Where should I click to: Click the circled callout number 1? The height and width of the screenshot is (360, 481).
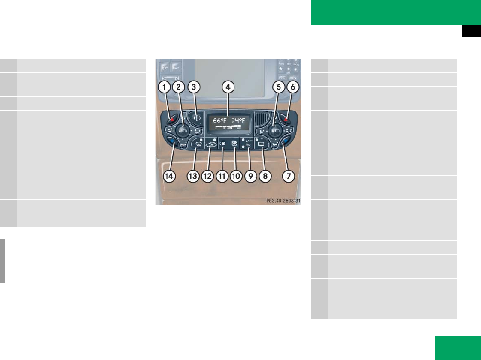point(163,87)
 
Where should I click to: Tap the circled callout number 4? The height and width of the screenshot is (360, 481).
point(228,87)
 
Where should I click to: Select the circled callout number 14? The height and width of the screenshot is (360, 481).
point(171,177)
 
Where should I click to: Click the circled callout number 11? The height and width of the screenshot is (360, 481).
point(222,177)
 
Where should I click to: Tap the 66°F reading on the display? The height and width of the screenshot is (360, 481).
point(220,120)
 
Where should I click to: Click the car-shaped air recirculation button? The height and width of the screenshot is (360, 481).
point(210,144)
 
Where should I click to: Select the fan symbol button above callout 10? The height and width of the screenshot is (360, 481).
point(234,144)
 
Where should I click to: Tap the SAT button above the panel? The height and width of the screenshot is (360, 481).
point(165,68)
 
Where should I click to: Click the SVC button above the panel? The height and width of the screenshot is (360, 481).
point(176,68)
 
